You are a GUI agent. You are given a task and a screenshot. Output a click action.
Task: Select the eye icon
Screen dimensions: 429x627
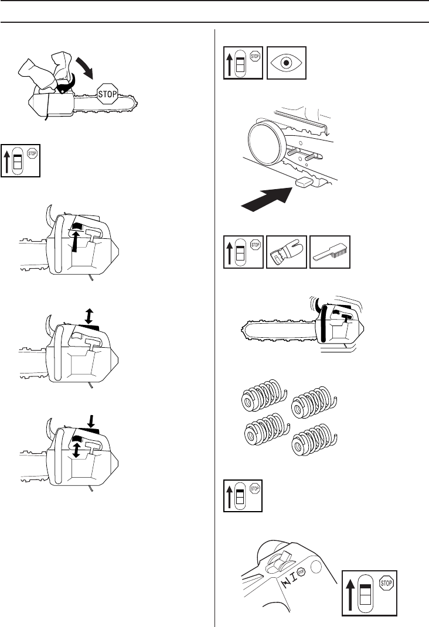287,63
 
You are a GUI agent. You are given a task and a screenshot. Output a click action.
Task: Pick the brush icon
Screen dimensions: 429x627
330,252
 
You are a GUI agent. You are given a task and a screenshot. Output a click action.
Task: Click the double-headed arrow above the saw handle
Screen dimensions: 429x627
88,316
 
